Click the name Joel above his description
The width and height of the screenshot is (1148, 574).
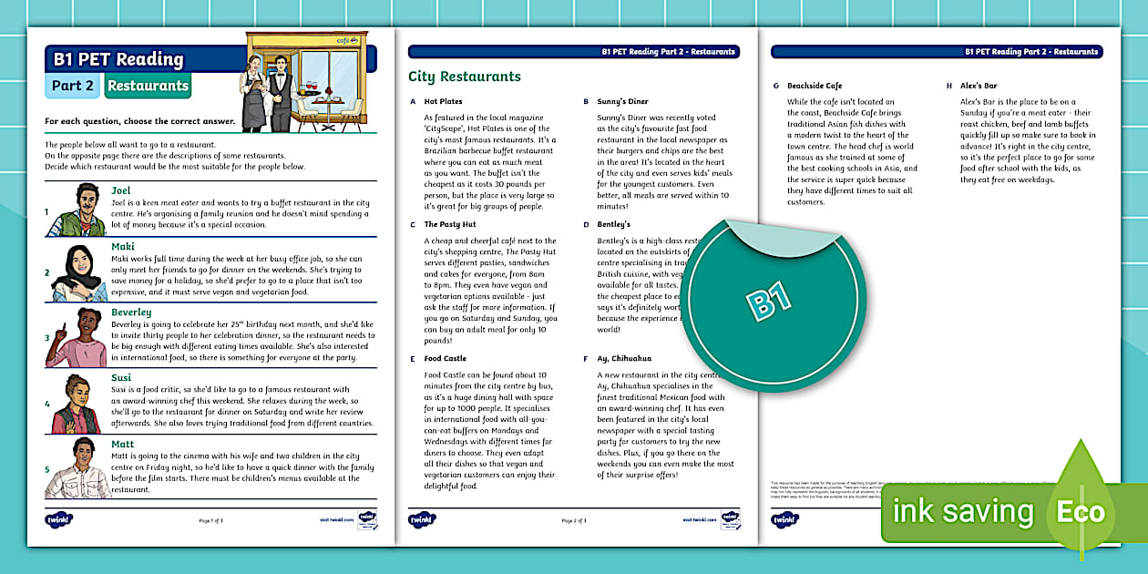[x=121, y=190]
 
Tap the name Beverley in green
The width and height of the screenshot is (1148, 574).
[x=131, y=313]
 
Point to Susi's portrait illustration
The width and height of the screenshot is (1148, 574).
[x=74, y=405]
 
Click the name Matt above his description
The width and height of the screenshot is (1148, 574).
[x=122, y=444]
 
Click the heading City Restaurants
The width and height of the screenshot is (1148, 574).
[x=464, y=77]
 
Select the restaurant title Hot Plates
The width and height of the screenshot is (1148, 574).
[x=443, y=102]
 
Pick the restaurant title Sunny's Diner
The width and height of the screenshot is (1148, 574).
[x=622, y=102]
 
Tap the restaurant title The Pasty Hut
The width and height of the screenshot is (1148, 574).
[x=449, y=224]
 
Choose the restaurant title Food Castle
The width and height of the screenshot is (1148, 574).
[x=445, y=359]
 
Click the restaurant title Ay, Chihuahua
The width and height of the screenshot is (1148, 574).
[x=624, y=359]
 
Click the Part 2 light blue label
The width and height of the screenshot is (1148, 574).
[x=72, y=87]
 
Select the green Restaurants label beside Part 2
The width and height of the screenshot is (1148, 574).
[x=147, y=87]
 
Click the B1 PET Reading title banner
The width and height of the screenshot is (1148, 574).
[x=118, y=60]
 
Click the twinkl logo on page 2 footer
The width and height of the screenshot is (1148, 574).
[x=422, y=520]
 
